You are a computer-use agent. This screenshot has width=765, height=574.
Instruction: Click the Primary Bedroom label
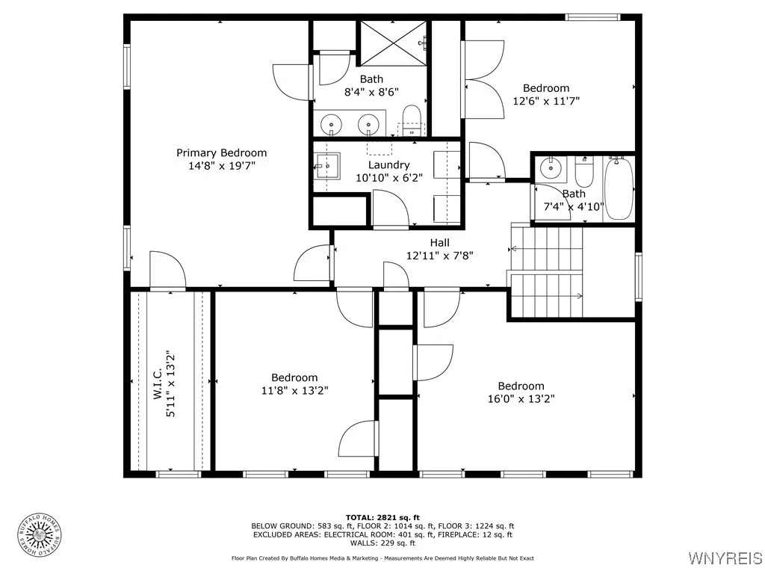point(221,153)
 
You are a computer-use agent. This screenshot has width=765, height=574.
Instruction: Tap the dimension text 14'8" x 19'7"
point(222,166)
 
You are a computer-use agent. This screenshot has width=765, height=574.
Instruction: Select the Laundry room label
point(388,165)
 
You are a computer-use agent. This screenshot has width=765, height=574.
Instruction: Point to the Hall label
point(439,243)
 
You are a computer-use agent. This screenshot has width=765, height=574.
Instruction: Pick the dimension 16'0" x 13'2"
point(521,399)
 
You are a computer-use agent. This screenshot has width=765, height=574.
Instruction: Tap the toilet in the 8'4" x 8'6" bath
point(412,120)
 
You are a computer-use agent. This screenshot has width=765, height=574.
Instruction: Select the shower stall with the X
point(393,43)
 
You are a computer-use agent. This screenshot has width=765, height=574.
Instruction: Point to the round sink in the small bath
point(551,169)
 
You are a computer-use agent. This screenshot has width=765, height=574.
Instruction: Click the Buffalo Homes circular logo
point(40,536)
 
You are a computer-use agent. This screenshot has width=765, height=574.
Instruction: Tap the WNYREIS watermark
point(725,558)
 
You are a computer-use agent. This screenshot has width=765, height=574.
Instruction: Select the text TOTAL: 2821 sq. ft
point(382,517)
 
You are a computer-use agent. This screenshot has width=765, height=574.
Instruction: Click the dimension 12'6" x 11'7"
point(546,101)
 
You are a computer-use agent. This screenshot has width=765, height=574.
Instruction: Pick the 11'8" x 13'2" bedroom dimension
point(294,390)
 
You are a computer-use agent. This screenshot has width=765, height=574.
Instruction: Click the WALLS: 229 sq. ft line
point(382,543)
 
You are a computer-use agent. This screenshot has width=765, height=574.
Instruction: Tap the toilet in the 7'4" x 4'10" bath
point(583,172)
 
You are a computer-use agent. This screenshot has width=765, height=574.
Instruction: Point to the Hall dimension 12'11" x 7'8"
point(439,256)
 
